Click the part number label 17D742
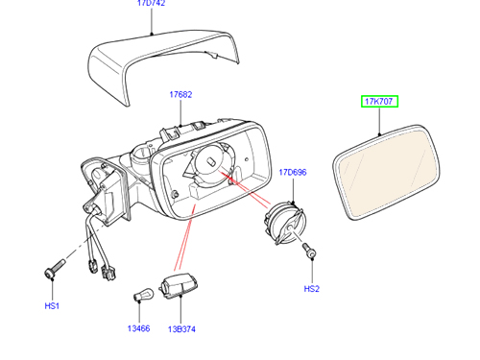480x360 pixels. [x=152, y=3]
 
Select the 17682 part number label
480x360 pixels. [x=180, y=95]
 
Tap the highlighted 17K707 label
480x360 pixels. [x=379, y=102]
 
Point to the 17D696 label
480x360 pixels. [x=293, y=173]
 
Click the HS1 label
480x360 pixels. [x=52, y=306]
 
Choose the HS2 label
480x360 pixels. [x=312, y=289]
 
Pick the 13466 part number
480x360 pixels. [x=138, y=328]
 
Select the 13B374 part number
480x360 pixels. [x=181, y=329]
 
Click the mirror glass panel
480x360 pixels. [x=387, y=173]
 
